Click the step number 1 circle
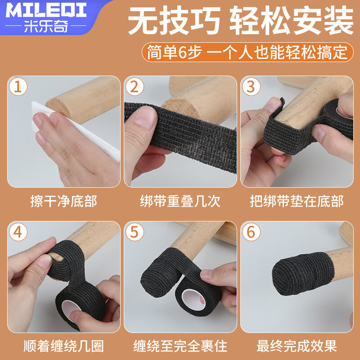(x=18, y=86)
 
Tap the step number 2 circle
(x=135, y=86)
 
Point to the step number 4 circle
(x=18, y=232)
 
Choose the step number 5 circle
(x=135, y=232)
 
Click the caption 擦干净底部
(x=63, y=201)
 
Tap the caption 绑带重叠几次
(x=180, y=201)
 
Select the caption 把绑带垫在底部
(x=297, y=201)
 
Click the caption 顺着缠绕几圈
(x=63, y=346)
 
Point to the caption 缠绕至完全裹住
(x=180, y=346)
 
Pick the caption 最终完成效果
(x=297, y=346)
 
